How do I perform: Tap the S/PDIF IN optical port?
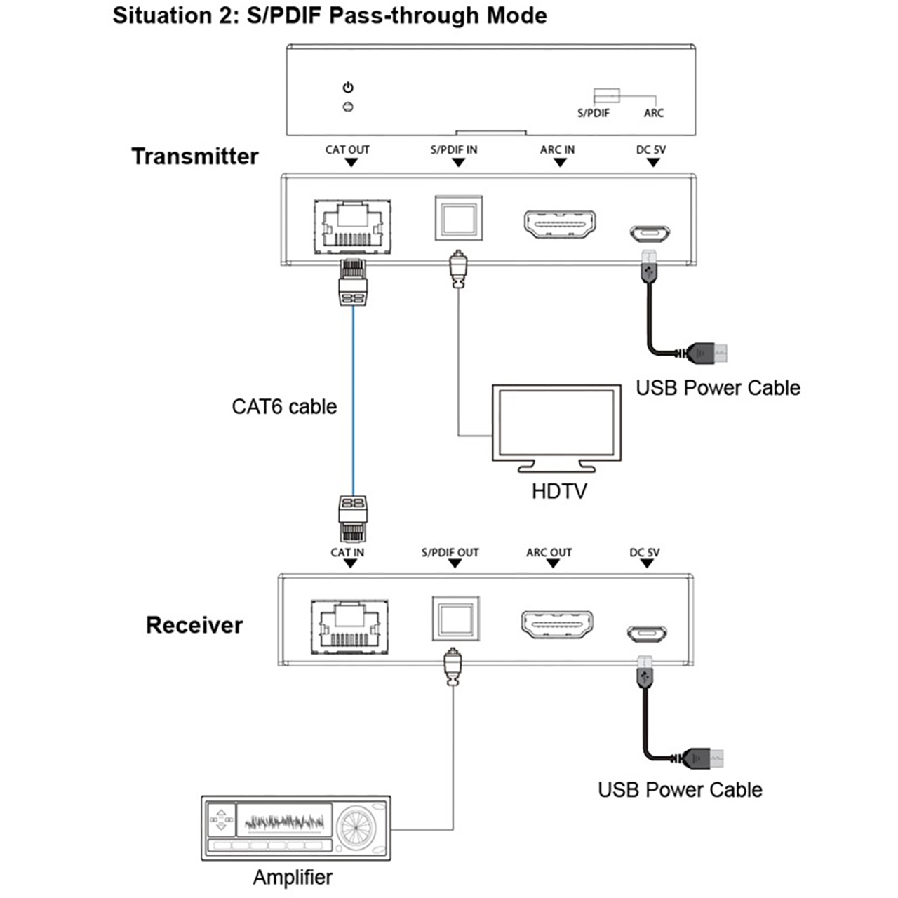coord(458,218)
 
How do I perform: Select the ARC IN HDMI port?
coord(559,224)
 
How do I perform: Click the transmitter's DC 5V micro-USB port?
coord(650,233)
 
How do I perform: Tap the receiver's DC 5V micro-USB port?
coord(646,634)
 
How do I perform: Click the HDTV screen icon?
coord(556,422)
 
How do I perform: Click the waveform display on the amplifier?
coord(284,820)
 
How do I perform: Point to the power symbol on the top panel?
coord(348,88)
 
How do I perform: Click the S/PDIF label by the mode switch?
coord(594,113)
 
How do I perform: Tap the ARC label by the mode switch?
coord(654,113)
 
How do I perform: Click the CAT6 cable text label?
coord(284,407)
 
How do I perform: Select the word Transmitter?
coord(195,156)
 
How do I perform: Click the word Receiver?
coord(194,625)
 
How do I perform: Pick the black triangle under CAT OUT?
coord(351,163)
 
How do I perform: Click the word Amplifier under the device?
coord(293,877)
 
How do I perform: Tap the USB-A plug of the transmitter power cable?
coord(710,352)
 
